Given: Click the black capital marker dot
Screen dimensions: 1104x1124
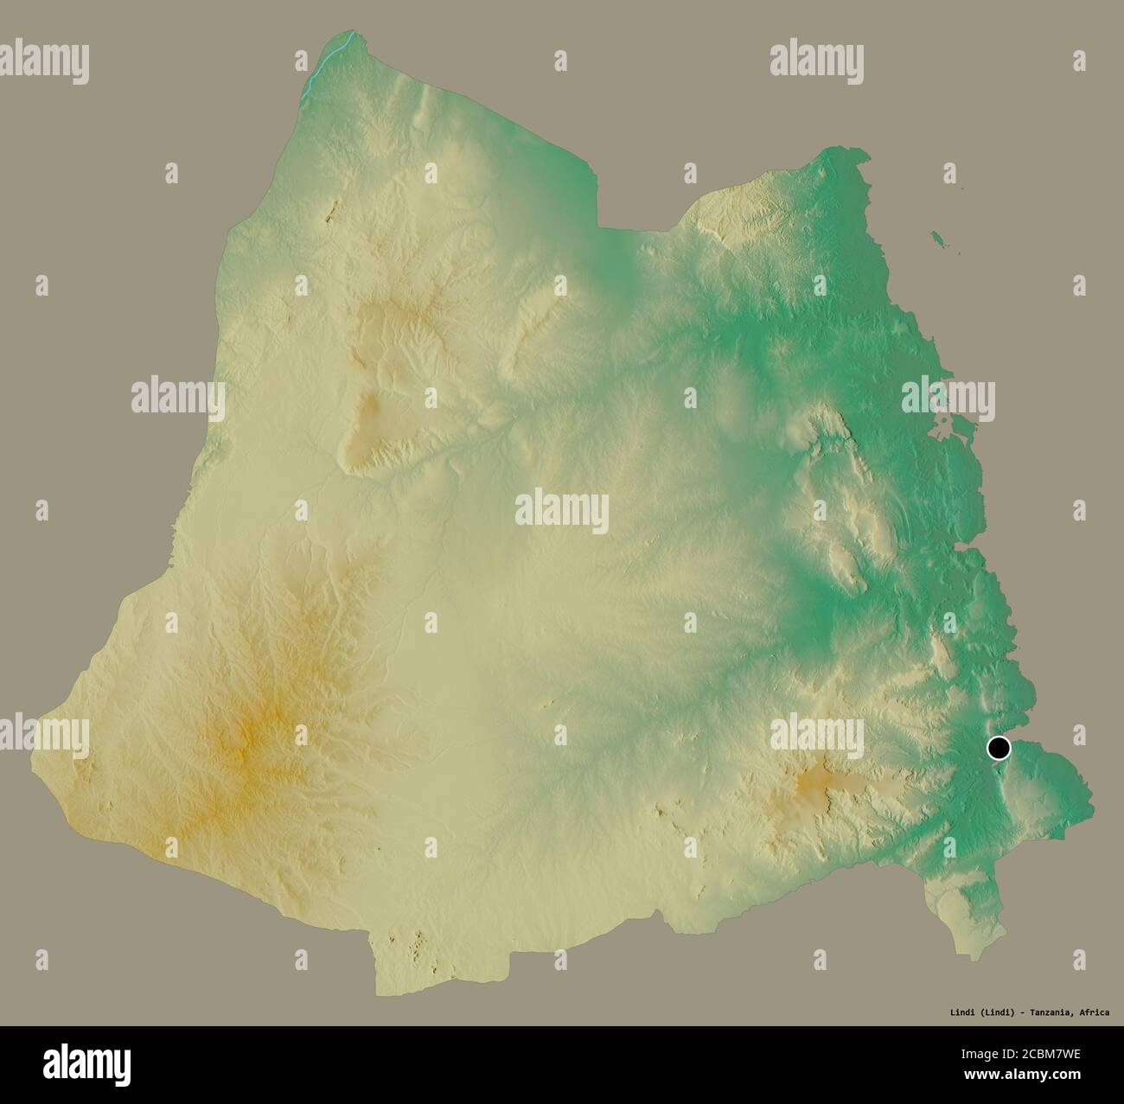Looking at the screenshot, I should click(999, 748).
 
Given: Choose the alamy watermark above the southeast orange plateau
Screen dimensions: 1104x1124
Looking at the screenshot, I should click(816, 732).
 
